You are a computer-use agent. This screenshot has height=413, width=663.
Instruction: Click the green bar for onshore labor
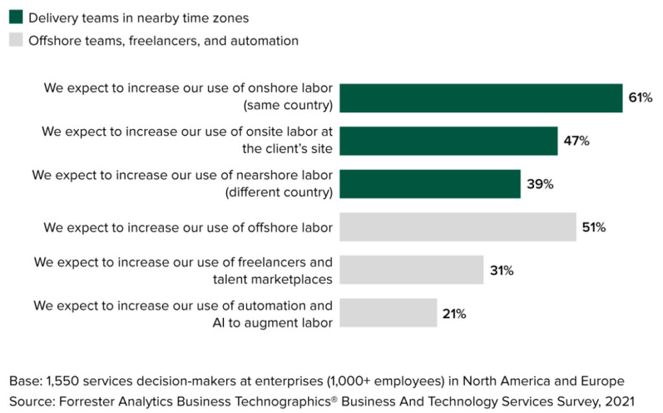coord(480,98)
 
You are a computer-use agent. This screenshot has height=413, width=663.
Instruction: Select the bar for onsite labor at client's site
coord(448,141)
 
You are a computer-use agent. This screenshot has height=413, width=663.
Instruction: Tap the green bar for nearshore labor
coord(430,184)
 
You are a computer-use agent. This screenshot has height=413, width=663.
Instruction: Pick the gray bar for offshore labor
coord(458,227)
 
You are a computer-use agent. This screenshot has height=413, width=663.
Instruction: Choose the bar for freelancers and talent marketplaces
coord(411,270)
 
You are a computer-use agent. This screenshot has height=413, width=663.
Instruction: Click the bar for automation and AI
coord(388,313)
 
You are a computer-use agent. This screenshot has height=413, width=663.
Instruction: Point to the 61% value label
coord(640,98)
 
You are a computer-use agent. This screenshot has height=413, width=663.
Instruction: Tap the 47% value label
coord(576,141)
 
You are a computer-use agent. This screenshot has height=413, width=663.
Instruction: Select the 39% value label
coord(539,184)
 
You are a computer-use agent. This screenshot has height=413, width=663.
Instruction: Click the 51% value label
coord(594,227)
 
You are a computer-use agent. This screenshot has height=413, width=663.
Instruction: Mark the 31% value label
coord(502,270)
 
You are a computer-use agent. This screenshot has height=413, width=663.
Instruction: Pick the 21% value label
coord(455,314)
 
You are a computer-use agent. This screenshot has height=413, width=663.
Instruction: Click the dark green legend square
coord(16,18)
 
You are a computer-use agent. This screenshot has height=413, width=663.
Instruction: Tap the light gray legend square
coord(16,40)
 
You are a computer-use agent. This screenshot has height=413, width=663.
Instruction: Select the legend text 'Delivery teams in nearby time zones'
coord(138,18)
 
